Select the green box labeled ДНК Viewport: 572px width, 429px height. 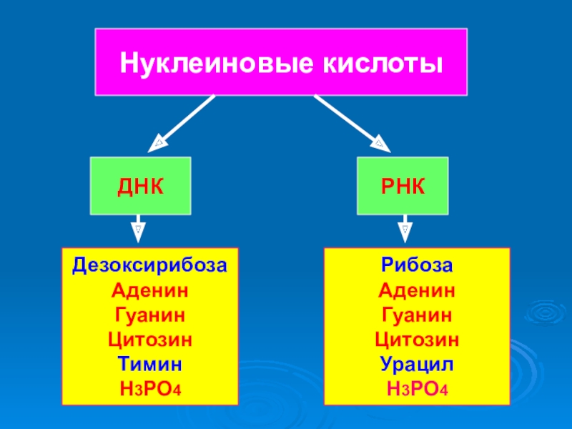(x=140, y=186)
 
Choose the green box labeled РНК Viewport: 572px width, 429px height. (x=404, y=186)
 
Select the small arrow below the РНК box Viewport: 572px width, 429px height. (x=404, y=231)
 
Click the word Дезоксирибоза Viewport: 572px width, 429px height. (x=149, y=265)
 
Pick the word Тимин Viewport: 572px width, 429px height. (x=149, y=364)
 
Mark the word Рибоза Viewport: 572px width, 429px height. (x=417, y=265)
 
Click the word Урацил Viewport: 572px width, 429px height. (x=417, y=364)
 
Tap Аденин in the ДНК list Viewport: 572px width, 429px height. (x=149, y=290)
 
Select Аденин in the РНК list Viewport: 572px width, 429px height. (x=417, y=290)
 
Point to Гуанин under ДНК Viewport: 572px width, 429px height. (x=149, y=315)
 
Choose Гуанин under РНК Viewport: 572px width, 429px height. (x=417, y=315)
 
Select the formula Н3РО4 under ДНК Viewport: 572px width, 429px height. (x=149, y=389)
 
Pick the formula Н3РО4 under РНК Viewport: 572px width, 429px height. (x=417, y=389)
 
